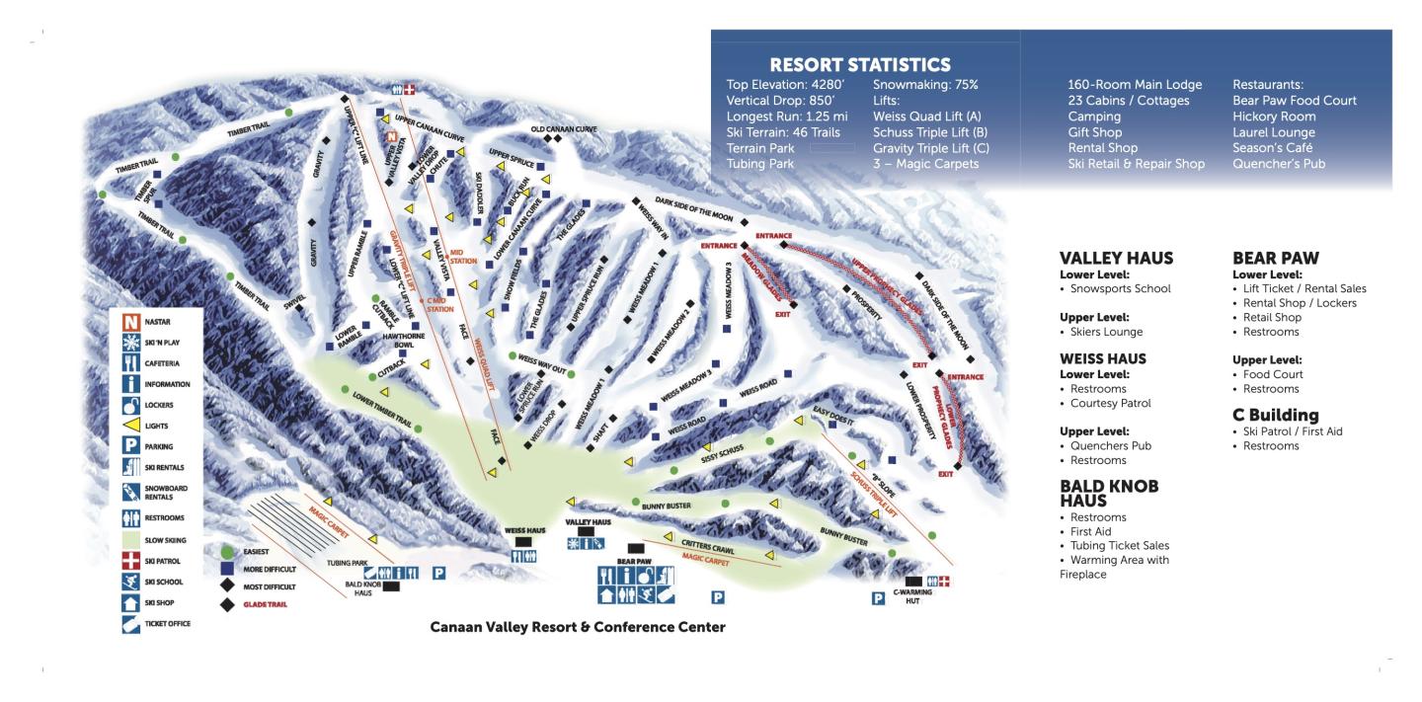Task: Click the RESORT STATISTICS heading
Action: click(x=859, y=65)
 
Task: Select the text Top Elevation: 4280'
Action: click(x=780, y=85)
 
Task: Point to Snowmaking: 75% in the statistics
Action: click(x=925, y=85)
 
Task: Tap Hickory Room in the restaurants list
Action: click(x=1274, y=117)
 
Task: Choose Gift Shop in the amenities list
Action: click(x=1098, y=132)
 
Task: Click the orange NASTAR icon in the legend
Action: click(x=128, y=321)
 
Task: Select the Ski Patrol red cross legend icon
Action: click(x=128, y=561)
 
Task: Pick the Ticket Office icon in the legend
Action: click(x=128, y=623)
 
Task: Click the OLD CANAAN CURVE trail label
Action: click(x=564, y=129)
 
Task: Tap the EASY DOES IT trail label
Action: click(x=832, y=416)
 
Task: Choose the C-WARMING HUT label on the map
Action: click(x=913, y=595)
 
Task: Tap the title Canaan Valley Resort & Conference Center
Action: click(x=578, y=627)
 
